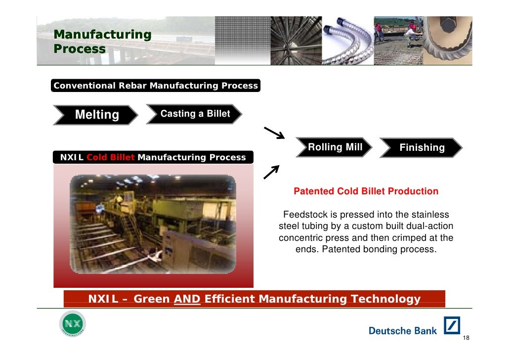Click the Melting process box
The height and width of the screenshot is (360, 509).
[x=96, y=115]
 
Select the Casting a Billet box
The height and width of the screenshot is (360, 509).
[x=194, y=114]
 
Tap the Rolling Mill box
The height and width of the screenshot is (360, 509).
[x=334, y=147]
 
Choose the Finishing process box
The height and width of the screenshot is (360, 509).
[x=421, y=147]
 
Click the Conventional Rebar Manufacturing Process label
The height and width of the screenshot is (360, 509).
[x=156, y=86]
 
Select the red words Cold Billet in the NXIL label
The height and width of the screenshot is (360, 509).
[x=110, y=157]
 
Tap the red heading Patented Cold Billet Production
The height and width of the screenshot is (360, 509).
[x=366, y=191]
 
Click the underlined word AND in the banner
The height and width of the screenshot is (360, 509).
[x=187, y=299]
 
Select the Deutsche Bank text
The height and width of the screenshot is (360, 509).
[x=403, y=331]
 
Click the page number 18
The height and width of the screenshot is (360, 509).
[x=466, y=337]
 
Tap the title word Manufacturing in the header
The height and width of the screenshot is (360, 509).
[x=102, y=35]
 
